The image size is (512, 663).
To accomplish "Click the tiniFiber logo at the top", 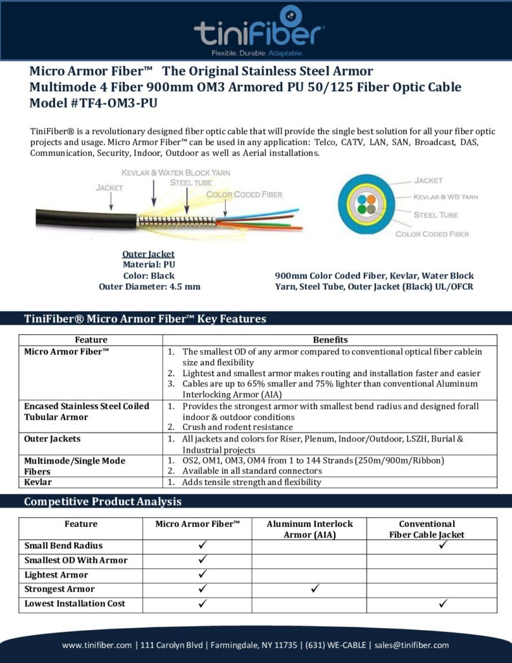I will click(259, 30).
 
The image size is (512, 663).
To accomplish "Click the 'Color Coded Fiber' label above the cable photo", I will click(244, 194).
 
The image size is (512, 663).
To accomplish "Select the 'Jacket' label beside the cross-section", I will click(429, 180).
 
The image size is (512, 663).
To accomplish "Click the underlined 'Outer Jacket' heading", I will click(148, 254).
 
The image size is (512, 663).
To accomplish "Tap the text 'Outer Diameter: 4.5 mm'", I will click(149, 286).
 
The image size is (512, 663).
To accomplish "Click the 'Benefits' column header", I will click(330, 339).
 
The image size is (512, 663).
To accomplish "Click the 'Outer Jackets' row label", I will click(52, 439).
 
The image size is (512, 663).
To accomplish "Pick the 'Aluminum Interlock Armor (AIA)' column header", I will click(309, 529).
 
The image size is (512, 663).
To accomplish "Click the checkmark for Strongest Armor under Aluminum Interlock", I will click(315, 589).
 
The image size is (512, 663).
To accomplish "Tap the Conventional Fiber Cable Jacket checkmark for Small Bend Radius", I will click(444, 545).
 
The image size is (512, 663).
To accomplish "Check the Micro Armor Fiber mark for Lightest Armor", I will click(202, 574).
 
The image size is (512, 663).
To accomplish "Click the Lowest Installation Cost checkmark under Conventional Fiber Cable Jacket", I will click(444, 603).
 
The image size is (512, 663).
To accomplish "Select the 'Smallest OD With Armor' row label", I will click(76, 560).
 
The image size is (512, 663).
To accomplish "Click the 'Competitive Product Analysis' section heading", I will click(102, 502).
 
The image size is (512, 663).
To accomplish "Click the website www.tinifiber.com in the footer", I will click(97, 645).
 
